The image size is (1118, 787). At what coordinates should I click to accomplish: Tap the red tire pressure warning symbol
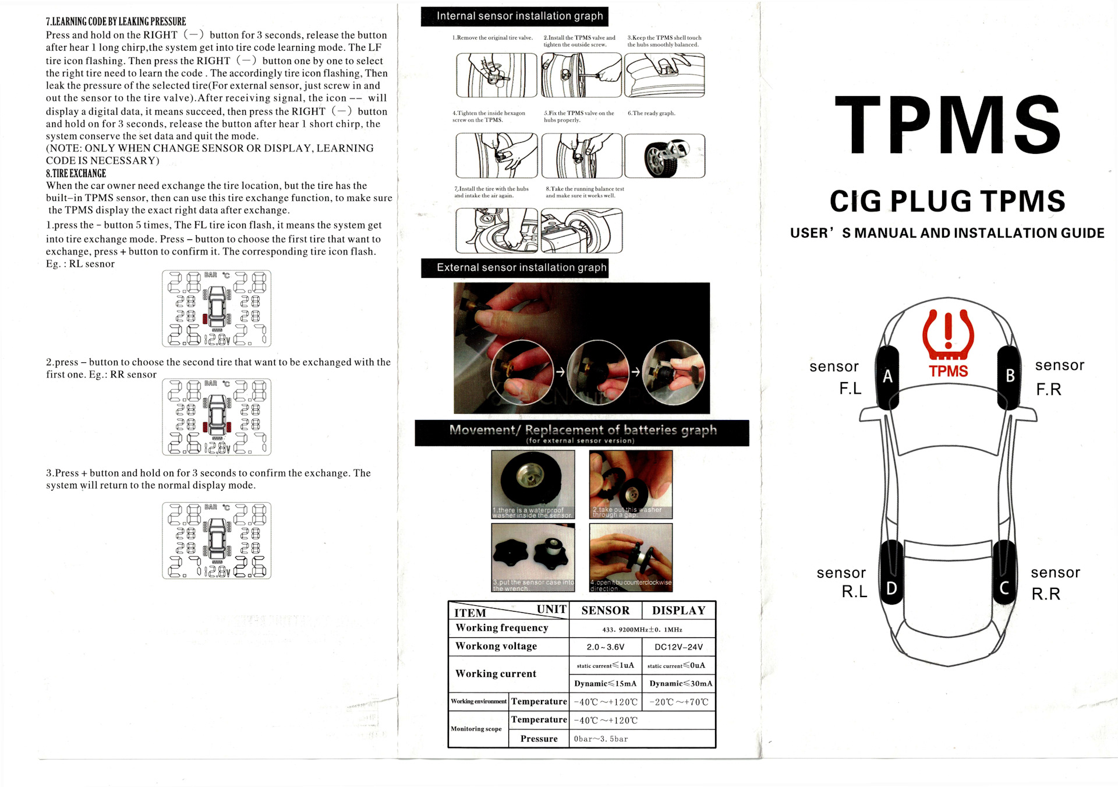948,335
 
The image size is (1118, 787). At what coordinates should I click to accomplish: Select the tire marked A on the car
887,377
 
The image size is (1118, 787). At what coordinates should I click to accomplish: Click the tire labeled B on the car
1010,377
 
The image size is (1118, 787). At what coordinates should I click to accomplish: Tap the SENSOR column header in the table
605,610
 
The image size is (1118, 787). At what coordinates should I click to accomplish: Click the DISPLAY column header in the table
678,610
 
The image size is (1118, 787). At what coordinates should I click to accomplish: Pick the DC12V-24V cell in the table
678,647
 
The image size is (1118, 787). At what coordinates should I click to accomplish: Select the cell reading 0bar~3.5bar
601,739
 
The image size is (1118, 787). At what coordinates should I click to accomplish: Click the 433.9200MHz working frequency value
642,629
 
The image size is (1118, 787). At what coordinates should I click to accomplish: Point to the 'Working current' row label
496,673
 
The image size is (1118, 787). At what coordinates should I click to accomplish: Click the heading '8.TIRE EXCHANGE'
76,174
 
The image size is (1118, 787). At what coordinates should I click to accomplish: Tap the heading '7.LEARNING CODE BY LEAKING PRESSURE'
116,22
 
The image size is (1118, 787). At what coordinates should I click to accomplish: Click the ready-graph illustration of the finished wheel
664,156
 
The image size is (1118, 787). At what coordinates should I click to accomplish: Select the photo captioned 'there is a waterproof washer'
533,484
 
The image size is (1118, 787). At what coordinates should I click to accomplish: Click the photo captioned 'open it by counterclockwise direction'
631,557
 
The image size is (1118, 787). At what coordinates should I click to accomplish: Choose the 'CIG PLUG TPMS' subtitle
947,202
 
